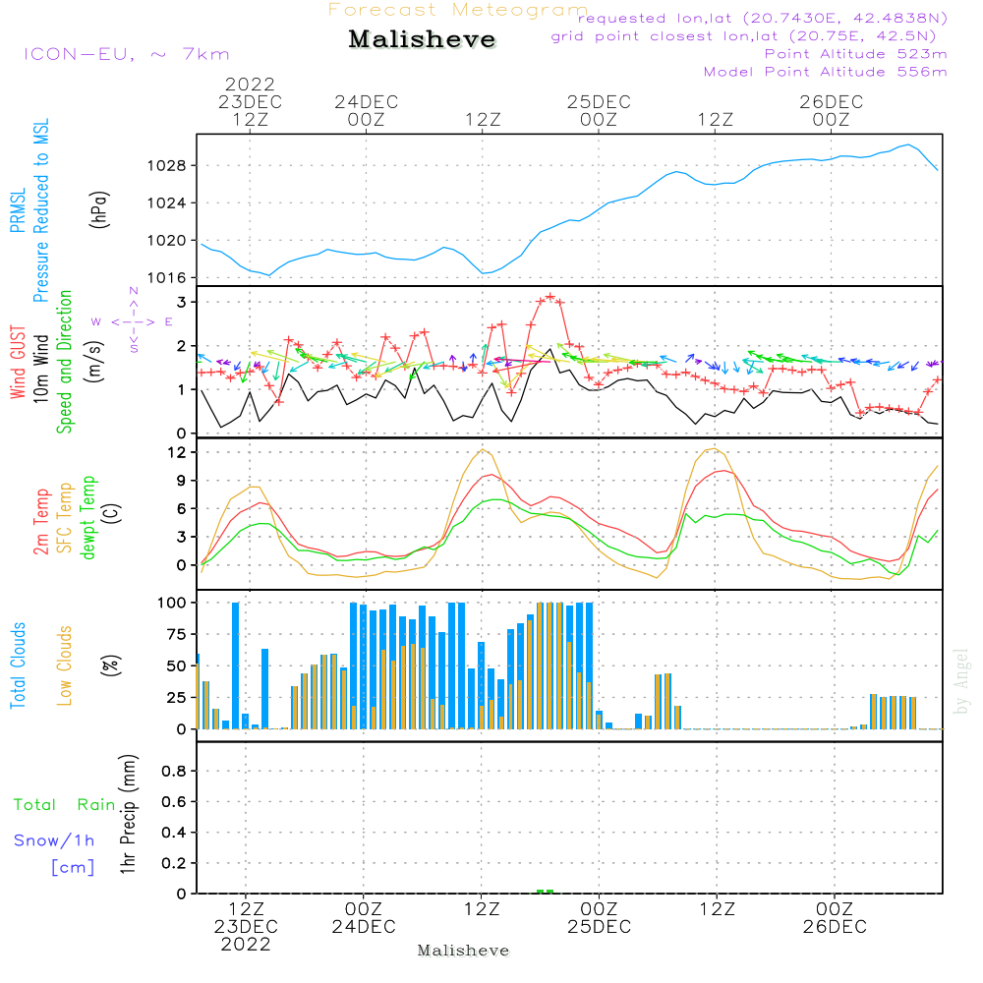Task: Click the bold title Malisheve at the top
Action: pyautogui.click(x=422, y=39)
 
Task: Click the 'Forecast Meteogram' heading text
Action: pyautogui.click(x=458, y=10)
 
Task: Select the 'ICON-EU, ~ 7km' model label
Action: pyautogui.click(x=127, y=54)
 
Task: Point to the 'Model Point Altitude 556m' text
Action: pyautogui.click(x=825, y=72)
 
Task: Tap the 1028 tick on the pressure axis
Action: pyautogui.click(x=167, y=166)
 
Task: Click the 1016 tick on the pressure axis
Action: pyautogui.click(x=167, y=278)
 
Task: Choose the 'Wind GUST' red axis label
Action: pyautogui.click(x=18, y=362)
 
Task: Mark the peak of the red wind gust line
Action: pyautogui.click(x=550, y=296)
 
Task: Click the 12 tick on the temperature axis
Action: pyautogui.click(x=178, y=452)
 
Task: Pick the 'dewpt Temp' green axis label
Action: pyautogui.click(x=87, y=517)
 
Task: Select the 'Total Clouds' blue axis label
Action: pyautogui.click(x=18, y=665)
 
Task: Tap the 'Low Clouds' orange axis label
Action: pyautogui.click(x=64, y=665)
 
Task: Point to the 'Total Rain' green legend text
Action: pyautogui.click(x=65, y=804)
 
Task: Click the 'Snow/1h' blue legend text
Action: pyautogui.click(x=54, y=840)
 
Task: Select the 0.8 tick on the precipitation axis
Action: pyautogui.click(x=174, y=771)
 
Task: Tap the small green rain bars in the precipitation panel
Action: pyautogui.click(x=545, y=891)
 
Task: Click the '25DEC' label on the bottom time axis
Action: pyautogui.click(x=600, y=927)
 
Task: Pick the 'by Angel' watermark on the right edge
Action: pyautogui.click(x=961, y=681)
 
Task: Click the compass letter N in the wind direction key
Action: pyautogui.click(x=134, y=291)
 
